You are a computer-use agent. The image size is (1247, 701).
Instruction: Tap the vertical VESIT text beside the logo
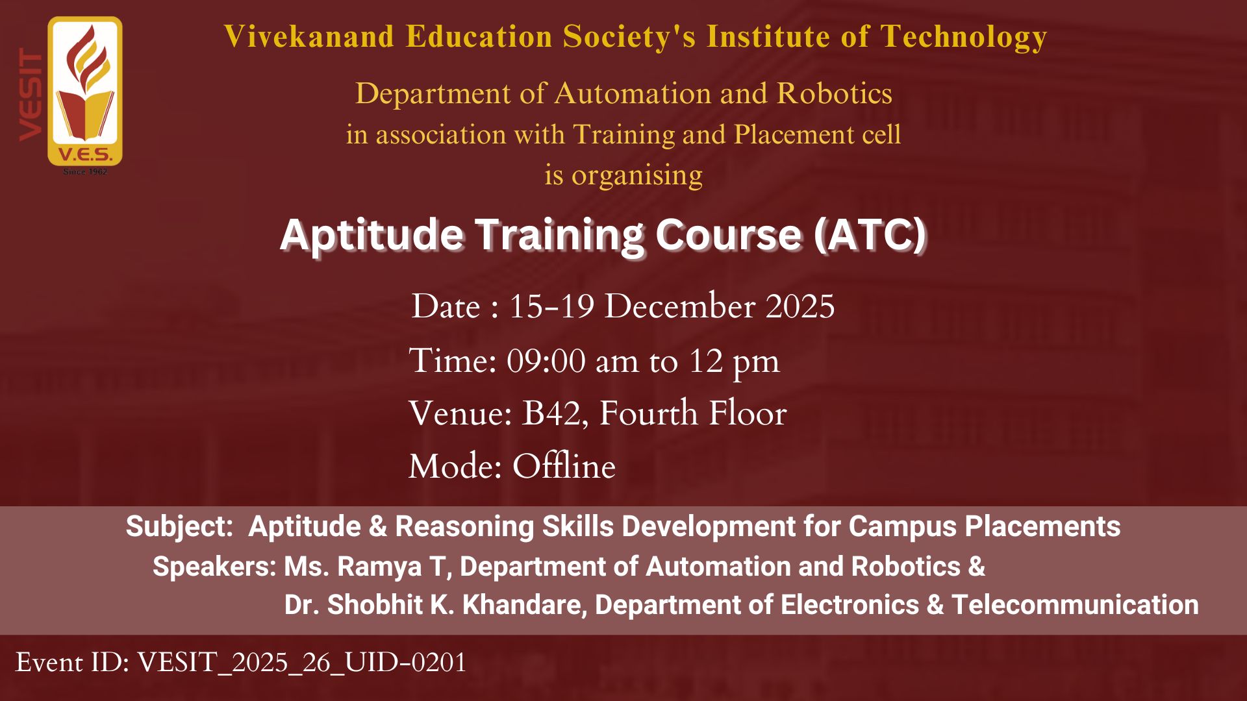(x=31, y=95)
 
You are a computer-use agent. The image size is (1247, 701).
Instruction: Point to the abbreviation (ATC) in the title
(x=870, y=234)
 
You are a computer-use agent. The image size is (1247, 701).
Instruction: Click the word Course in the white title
(x=728, y=234)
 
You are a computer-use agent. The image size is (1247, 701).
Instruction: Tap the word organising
(x=636, y=176)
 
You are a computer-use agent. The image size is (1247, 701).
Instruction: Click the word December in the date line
(x=679, y=306)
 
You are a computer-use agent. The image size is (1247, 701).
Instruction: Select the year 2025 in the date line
(x=800, y=306)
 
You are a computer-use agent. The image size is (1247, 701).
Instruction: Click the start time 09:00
(x=546, y=361)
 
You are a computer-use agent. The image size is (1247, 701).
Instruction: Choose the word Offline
(x=564, y=466)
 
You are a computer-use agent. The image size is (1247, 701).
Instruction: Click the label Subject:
(x=179, y=526)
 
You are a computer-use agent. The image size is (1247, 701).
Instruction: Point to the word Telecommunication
(x=1075, y=605)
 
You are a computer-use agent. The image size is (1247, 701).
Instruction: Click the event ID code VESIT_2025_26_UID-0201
(x=302, y=663)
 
